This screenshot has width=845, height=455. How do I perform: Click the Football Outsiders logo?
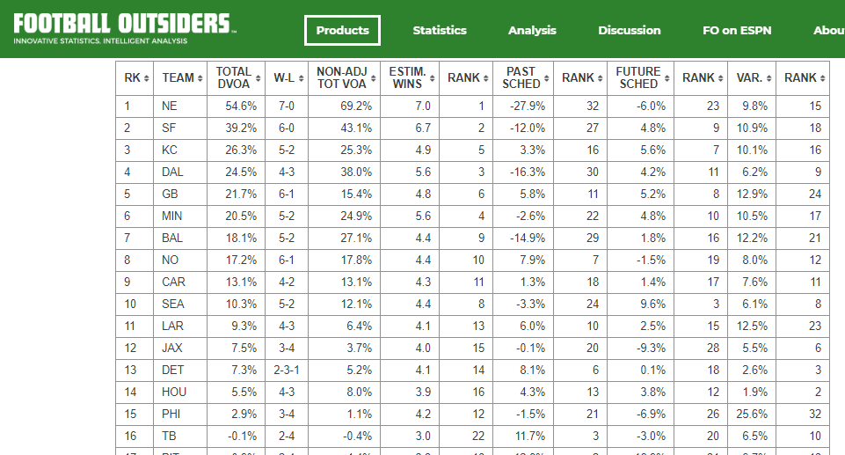(123, 27)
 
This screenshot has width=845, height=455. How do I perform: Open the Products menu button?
(343, 30)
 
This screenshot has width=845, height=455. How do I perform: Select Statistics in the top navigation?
(440, 30)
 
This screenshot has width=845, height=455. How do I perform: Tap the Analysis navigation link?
(532, 30)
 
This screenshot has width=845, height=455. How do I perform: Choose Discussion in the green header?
(630, 30)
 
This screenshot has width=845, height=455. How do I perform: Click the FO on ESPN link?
(737, 30)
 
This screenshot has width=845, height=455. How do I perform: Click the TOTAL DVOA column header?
(234, 77)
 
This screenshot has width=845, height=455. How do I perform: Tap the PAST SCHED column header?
(521, 77)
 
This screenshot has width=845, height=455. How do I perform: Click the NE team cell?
(170, 106)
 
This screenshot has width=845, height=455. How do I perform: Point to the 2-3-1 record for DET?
(286, 371)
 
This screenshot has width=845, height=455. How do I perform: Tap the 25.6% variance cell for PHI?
(754, 415)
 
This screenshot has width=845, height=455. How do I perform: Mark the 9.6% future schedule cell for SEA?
(646, 305)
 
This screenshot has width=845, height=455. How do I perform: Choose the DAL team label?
(172, 172)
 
